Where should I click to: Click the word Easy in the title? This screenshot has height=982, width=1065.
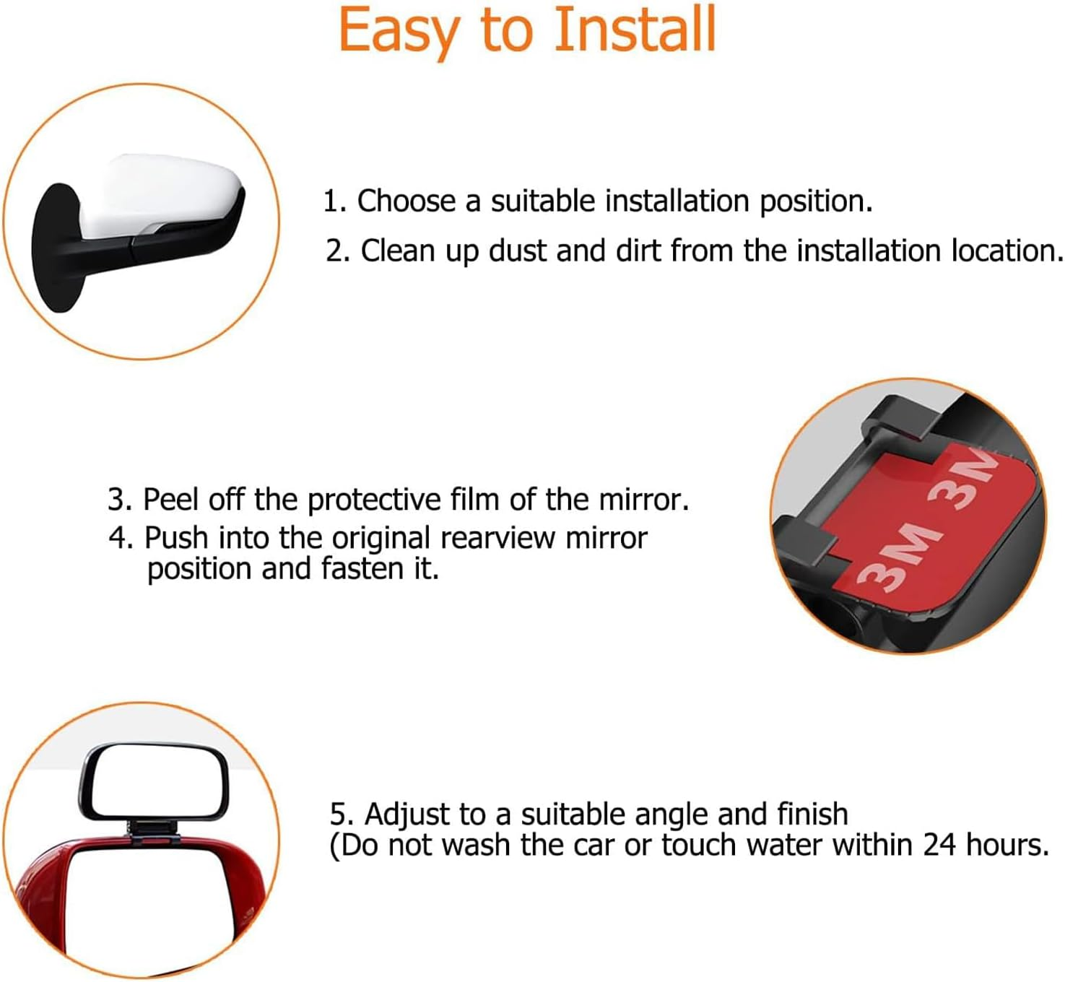pyautogui.click(x=398, y=30)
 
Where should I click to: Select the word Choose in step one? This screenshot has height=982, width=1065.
pyautogui.click(x=406, y=201)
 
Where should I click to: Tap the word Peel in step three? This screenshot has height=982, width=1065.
pyautogui.click(x=170, y=500)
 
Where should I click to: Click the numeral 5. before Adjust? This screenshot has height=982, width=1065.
pyautogui.click(x=342, y=814)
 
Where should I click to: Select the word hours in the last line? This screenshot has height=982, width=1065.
pyautogui.click(x=1006, y=845)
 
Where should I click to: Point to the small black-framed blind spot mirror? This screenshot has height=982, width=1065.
pyautogui.click(x=154, y=783)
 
